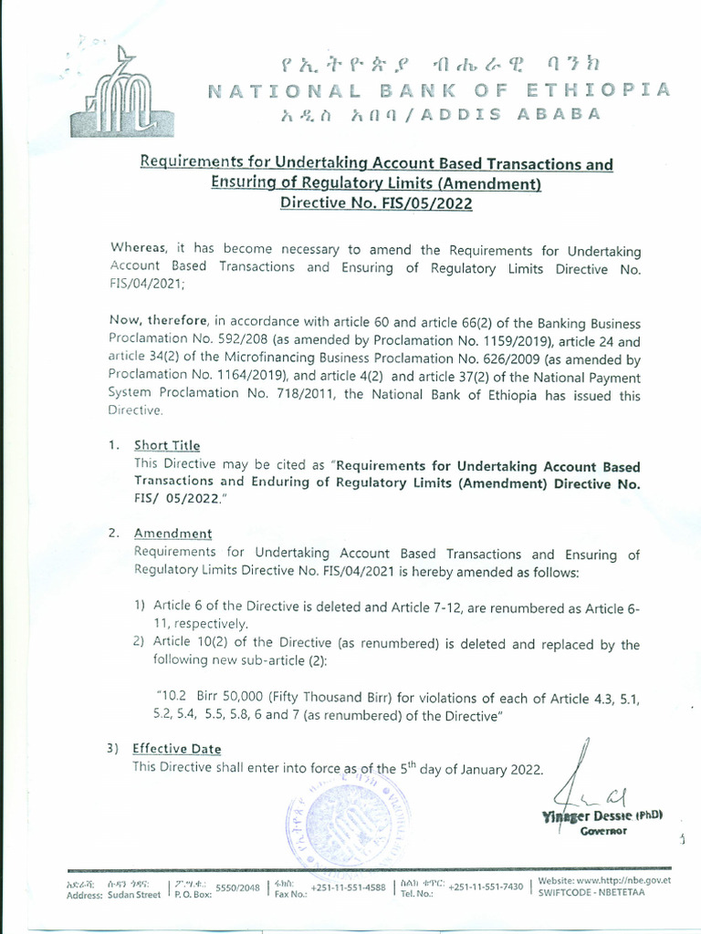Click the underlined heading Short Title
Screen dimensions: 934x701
click(x=166, y=445)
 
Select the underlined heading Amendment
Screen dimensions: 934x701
click(x=173, y=534)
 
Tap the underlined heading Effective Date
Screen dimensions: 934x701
click(x=176, y=749)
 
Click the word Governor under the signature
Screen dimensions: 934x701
click(x=604, y=831)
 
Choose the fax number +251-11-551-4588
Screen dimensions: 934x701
click(x=348, y=888)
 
